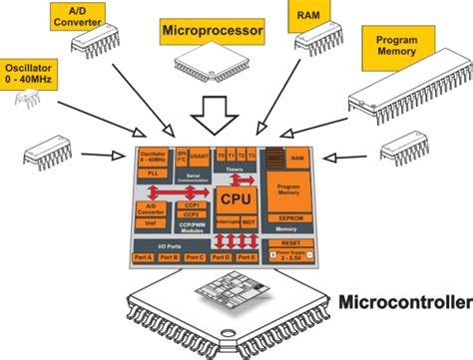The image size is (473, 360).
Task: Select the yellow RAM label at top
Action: click(305, 16)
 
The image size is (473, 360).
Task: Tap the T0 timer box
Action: click(222, 158)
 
